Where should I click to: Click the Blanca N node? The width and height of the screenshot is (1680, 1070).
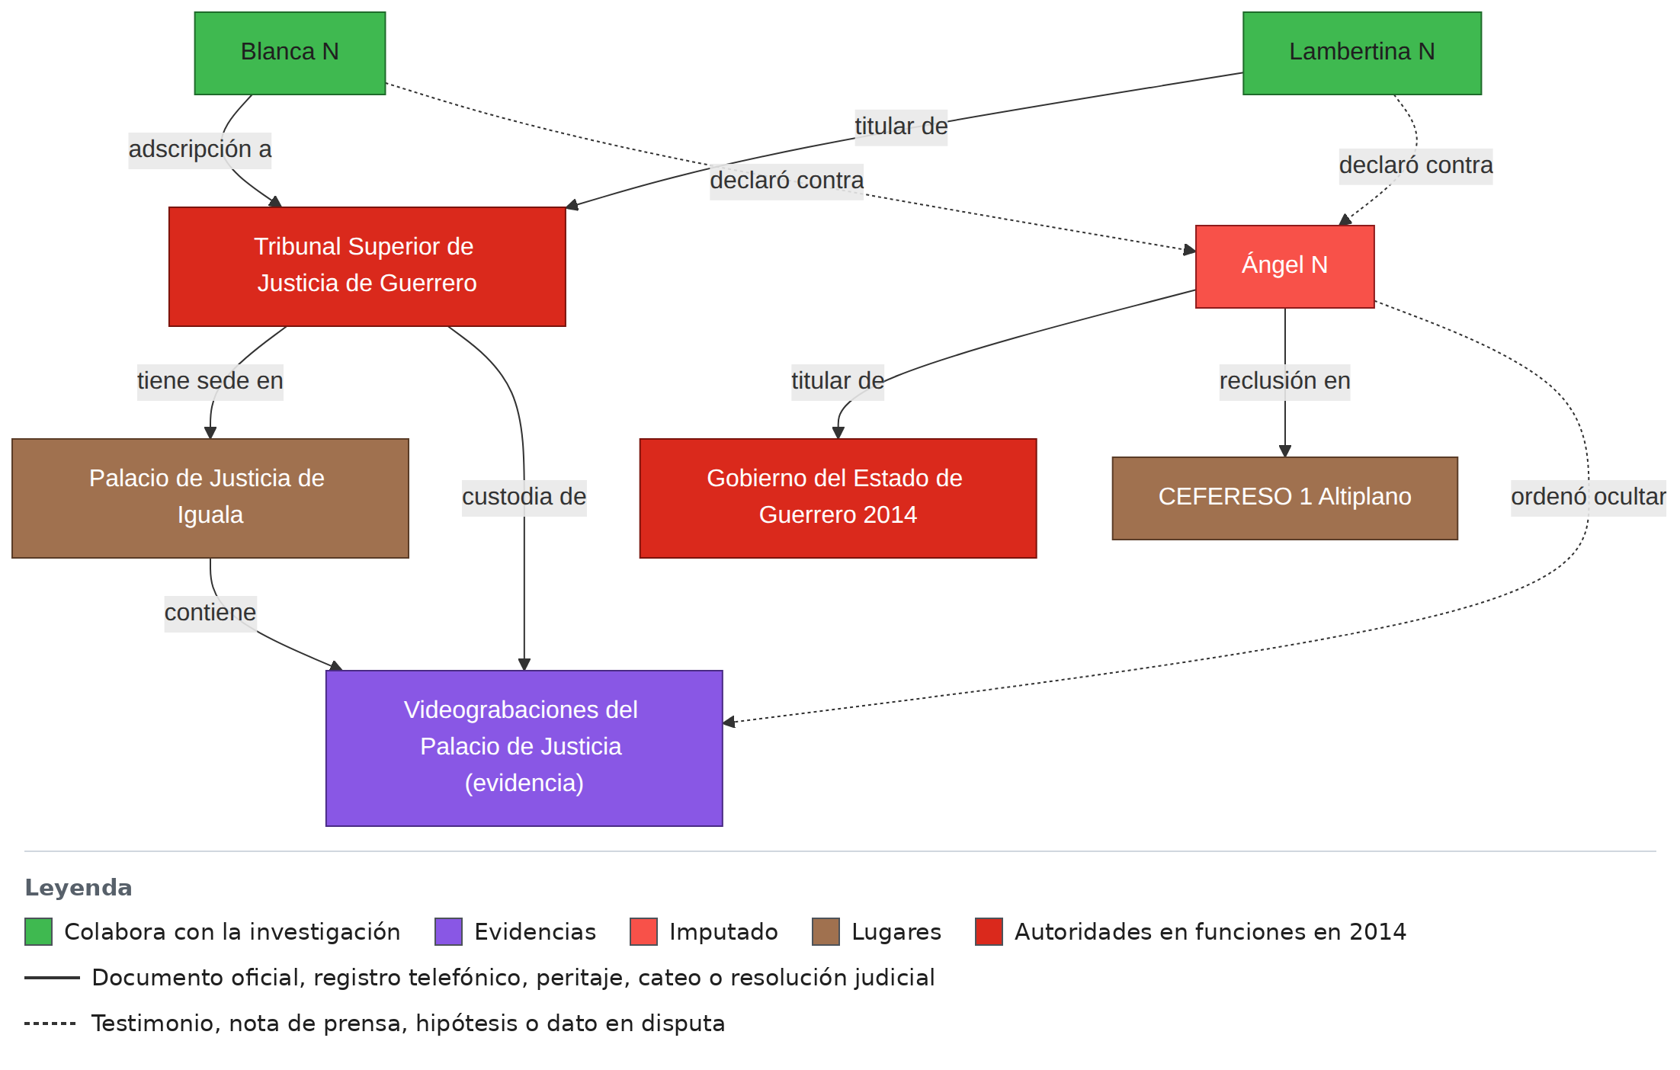[290, 53]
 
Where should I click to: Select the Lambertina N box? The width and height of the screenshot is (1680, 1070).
[1362, 53]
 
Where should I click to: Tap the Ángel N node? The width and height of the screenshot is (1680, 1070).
[1284, 267]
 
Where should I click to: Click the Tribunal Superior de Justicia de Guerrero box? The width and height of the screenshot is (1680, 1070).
[367, 267]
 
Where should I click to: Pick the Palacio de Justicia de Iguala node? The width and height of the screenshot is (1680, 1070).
[210, 498]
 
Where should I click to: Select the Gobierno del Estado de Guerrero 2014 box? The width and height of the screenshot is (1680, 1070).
[838, 498]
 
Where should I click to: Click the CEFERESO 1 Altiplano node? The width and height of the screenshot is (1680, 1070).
[1284, 498]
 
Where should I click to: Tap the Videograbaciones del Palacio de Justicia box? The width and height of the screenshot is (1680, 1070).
[524, 748]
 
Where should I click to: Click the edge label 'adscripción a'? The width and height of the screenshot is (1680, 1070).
[200, 149]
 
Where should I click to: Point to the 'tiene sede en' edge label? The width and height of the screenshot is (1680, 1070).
[210, 381]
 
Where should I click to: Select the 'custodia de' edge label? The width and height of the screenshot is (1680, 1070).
[524, 497]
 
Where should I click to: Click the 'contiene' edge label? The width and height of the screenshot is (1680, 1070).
[210, 613]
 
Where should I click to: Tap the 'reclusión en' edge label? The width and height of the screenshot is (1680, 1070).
[1284, 381]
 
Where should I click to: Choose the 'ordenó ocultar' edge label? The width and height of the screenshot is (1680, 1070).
[1589, 497]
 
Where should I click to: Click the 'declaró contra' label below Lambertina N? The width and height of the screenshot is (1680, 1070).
[1415, 165]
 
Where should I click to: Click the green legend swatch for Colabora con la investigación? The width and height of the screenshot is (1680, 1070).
[38, 932]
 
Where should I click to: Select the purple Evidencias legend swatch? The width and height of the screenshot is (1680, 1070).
[448, 932]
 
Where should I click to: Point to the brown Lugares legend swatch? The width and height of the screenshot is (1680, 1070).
[826, 932]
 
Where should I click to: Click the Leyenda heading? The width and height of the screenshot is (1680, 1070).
[79, 888]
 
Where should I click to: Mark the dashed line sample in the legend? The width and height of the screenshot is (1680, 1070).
[50, 1024]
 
